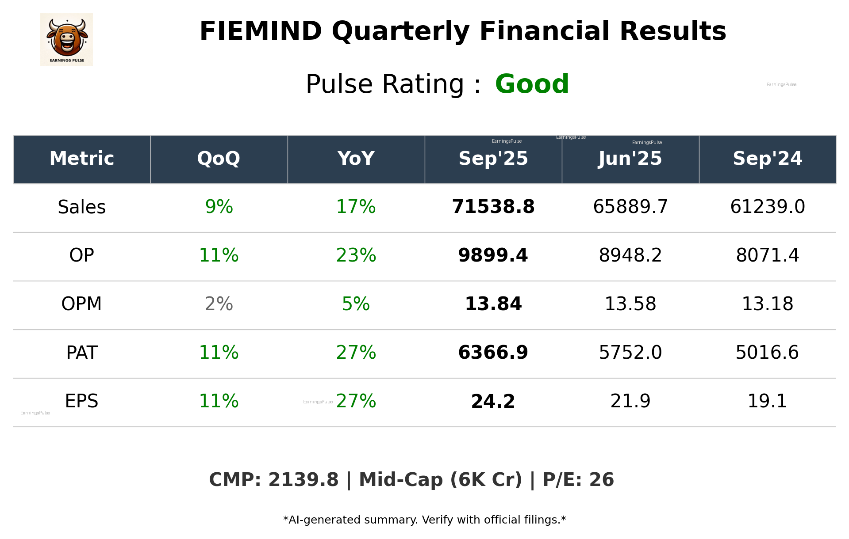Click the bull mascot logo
coord(66,39)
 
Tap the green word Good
coord(532,84)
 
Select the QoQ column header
coord(219,159)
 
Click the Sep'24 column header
coord(767,159)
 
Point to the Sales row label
coord(82,207)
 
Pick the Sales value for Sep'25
coord(493,207)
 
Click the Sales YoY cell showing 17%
coord(356,207)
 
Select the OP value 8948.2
coord(630,256)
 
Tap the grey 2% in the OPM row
coord(219,304)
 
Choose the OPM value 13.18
coord(767,304)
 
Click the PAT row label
coord(82,353)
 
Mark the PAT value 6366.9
coord(493,353)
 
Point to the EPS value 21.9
coord(630,402)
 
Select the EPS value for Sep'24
coord(767,402)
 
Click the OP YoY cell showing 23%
coord(356,256)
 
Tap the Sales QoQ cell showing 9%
coord(219,207)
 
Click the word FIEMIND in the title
coord(261,31)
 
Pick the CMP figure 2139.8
coord(303,480)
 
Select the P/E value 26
coord(601,480)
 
